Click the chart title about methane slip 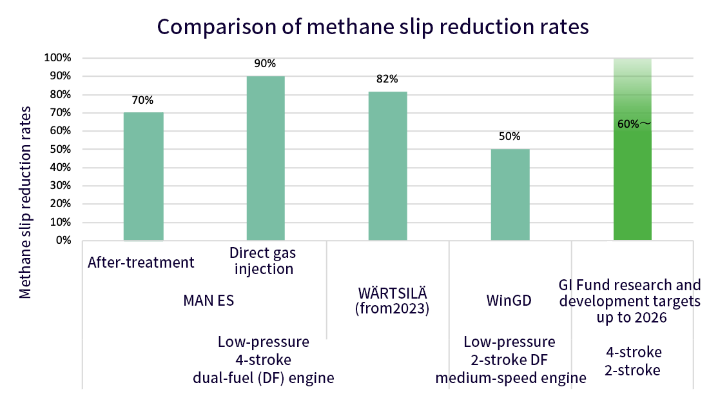click(373, 28)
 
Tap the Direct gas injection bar click(266, 158)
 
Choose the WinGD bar click(510, 195)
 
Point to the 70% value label click(143, 101)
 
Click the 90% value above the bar click(266, 64)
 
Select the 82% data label click(387, 79)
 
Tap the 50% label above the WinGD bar click(510, 137)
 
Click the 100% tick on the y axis click(58, 58)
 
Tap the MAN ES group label click(208, 301)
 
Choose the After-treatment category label click(141, 262)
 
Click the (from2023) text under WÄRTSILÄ click(392, 308)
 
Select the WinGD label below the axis click(509, 301)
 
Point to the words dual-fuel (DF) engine click(264, 378)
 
